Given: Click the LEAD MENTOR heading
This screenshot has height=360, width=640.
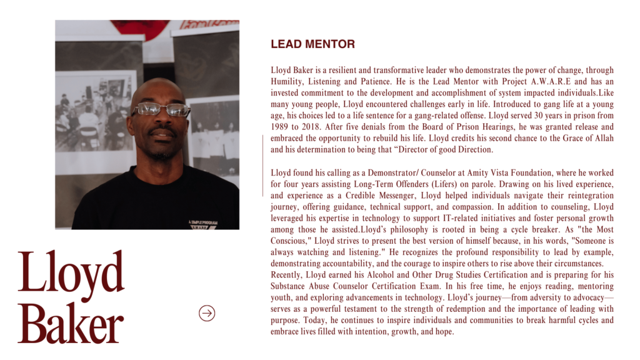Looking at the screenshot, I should tap(312, 44).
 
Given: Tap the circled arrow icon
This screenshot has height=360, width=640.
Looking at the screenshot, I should tap(207, 313).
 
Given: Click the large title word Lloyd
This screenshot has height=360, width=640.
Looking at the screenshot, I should tap(71, 273).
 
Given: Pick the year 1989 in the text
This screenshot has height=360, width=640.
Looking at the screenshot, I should tap(281, 127).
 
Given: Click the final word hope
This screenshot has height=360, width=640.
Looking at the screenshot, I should tap(444, 332).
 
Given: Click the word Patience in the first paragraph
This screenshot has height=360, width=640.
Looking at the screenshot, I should tap(376, 82).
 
